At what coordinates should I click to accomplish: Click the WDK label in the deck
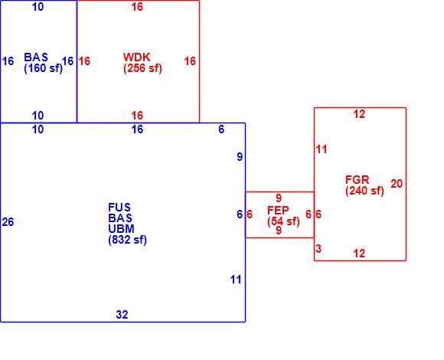pos(137,57)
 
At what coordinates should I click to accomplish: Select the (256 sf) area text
pos(142,68)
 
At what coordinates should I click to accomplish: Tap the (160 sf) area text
pos(44,68)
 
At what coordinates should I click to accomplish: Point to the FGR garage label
pos(357,179)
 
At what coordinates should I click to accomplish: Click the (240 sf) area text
pos(364,191)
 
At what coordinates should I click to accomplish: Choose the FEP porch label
pos(278,210)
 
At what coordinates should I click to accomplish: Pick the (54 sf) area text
pos(283,221)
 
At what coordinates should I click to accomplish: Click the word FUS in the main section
pos(119,208)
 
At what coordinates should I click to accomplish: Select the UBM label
pos(121,228)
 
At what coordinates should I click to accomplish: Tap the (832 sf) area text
pos(127,240)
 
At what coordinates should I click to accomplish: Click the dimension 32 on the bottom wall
pos(122,314)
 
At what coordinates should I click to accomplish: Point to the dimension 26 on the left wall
pos(8,222)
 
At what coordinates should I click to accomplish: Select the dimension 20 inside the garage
pos(397,184)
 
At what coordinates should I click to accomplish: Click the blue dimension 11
pos(236,280)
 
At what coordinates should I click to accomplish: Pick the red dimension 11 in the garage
pos(322,149)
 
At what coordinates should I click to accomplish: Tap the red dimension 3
pos(318,249)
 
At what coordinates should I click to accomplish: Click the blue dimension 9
pos(240,156)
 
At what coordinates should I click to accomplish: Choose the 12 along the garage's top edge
pos(359,114)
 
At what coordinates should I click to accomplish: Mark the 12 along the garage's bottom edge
pos(359,254)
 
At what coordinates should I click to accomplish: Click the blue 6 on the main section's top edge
pos(221,129)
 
